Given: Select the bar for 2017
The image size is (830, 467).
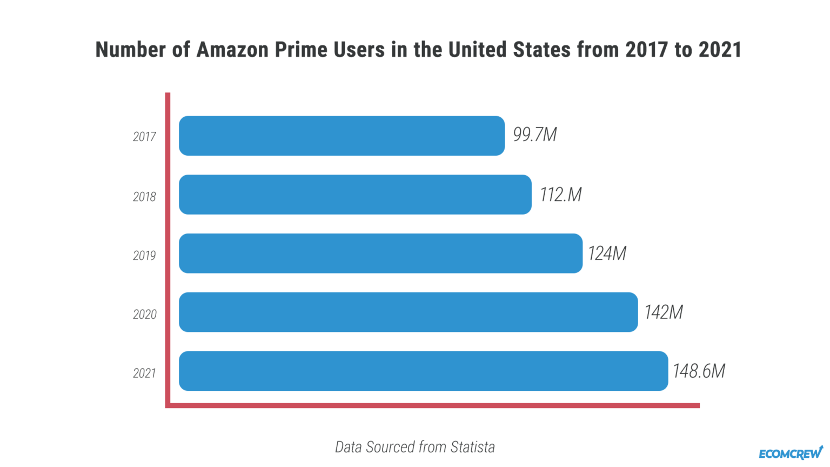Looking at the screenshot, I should click(342, 136).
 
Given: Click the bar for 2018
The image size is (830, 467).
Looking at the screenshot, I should click(355, 195).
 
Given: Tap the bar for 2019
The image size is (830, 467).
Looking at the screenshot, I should click(380, 253).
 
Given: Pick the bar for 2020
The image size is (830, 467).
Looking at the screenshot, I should click(408, 312).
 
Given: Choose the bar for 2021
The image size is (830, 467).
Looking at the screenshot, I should click(423, 371).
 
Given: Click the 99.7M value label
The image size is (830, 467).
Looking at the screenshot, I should click(534, 135).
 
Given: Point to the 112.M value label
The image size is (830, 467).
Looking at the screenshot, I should click(560, 195).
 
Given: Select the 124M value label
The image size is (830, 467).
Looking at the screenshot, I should click(607, 253).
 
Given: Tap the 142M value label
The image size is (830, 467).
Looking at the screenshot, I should click(663, 312).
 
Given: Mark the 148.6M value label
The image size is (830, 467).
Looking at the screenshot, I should click(698, 371).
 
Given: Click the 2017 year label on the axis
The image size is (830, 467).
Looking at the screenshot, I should click(144, 137).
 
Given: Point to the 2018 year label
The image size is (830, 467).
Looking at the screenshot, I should click(144, 197).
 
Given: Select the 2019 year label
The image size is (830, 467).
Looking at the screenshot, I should click(144, 256).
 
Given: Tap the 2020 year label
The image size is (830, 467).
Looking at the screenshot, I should click(144, 315).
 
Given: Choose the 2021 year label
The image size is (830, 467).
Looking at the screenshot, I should click(144, 373).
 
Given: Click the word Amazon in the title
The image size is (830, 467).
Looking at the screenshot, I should click(232, 50).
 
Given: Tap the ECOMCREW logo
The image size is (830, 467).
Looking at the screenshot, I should click(791, 453).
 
